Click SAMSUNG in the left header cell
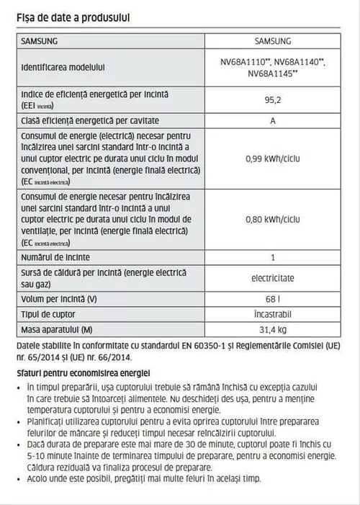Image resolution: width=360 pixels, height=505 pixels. pos(40,41)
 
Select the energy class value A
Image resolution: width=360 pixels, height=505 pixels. pos(273,120)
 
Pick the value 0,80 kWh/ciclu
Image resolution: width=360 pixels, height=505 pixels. pos(273,218)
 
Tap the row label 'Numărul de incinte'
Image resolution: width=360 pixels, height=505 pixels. pos(56,256)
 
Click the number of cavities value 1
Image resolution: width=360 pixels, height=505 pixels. pos(273,256)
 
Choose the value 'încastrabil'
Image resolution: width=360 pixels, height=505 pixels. pos(273,313)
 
